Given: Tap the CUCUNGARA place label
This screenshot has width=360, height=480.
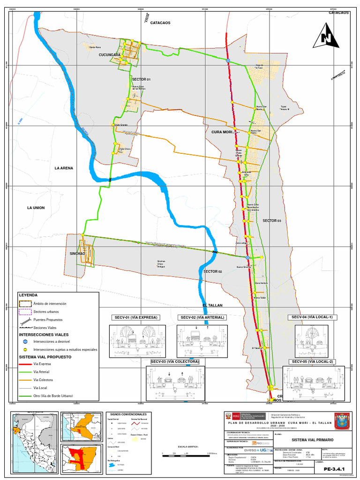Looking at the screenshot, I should [110, 55].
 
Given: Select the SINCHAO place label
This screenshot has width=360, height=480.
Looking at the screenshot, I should [77, 253].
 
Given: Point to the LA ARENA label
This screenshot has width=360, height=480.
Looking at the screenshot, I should [64, 168].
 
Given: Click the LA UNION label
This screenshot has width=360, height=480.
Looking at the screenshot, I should [36, 208].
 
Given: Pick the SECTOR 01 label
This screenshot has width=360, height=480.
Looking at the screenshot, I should [141, 80].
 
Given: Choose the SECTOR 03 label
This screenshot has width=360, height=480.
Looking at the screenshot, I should [271, 220].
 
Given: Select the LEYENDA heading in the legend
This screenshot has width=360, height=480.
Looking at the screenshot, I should [28, 295].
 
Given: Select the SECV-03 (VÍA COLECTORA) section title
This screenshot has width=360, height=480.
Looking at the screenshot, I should [175, 362].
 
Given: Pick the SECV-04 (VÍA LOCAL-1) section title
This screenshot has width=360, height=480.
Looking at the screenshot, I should [312, 317].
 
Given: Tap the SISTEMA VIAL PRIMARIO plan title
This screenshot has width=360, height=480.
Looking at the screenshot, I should [313, 440].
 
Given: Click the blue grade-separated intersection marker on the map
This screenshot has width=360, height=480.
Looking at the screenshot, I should [228, 61].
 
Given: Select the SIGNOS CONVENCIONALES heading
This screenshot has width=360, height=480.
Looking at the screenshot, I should [128, 414].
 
